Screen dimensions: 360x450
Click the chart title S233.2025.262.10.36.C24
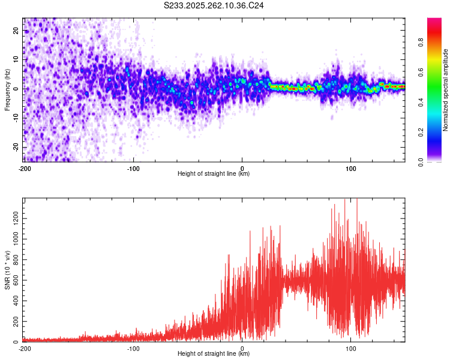click(214, 5)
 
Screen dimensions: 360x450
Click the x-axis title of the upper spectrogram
click(214, 174)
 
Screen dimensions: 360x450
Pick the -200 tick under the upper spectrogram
click(25, 168)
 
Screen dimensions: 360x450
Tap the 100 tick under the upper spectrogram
click(351, 168)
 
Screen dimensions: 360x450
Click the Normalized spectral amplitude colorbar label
click(446, 90)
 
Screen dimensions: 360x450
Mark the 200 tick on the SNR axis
click(15, 321)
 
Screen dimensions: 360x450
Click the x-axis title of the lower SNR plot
click(214, 354)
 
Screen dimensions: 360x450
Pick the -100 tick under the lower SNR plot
click(133, 348)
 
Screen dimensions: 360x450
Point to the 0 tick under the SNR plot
click(242, 348)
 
